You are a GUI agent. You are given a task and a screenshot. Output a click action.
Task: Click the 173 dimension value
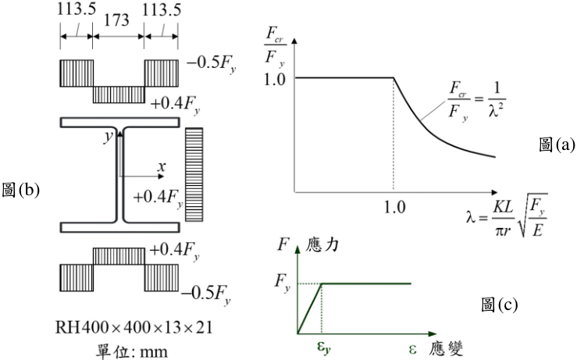(116, 20)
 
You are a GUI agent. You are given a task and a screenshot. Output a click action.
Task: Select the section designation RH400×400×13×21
(134, 327)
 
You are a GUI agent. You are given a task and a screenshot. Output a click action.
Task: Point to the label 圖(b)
(20, 191)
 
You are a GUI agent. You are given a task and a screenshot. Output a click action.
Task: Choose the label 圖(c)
(500, 305)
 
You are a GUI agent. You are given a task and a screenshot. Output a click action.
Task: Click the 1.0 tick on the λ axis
(394, 208)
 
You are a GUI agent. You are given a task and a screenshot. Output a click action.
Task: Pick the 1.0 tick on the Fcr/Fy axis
(275, 79)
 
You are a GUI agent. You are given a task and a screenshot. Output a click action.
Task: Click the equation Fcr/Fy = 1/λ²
(476, 100)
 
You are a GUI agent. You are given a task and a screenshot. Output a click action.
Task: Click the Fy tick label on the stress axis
(282, 283)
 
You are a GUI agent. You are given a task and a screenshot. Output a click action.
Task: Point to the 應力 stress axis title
(322, 245)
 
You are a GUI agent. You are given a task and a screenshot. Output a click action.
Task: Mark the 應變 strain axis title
(446, 348)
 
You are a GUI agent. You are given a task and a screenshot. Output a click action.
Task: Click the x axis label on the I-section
(161, 167)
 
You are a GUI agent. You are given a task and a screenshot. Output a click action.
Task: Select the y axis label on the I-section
(109, 136)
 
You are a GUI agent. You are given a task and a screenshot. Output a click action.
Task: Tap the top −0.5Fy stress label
(211, 64)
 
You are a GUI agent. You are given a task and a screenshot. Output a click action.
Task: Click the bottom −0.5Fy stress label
(205, 295)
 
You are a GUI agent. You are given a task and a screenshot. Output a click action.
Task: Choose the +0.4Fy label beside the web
(158, 199)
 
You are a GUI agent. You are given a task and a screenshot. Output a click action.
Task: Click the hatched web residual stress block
(194, 174)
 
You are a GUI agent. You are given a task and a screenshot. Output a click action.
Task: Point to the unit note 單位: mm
(131, 351)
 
